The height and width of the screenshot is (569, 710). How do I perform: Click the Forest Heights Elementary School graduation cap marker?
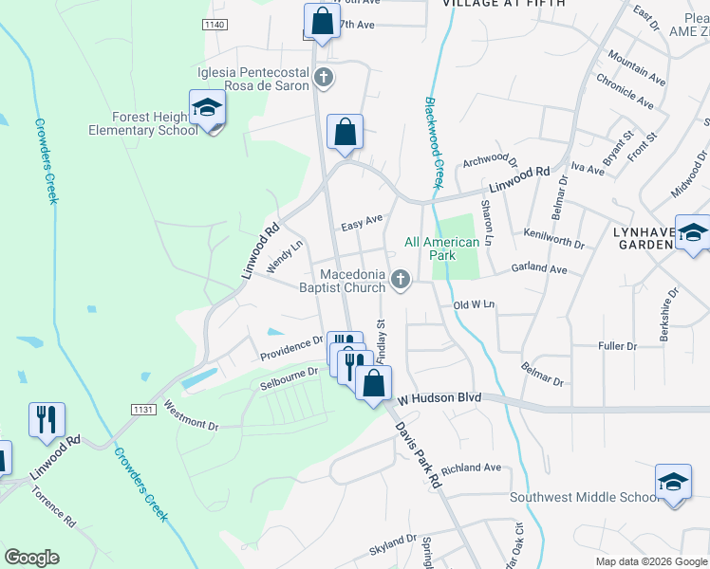pos(207,109)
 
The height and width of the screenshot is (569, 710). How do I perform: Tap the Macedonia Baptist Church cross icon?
pos(401,279)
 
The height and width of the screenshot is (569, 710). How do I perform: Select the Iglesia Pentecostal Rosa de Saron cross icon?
pos(323,78)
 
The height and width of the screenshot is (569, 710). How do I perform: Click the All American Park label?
pos(442,248)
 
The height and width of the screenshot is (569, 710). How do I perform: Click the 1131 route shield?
pos(143,409)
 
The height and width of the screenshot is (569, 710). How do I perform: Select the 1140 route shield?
pos(216,24)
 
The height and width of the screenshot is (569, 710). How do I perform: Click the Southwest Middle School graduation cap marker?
pos(672,483)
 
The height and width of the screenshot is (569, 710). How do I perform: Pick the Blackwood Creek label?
pos(434,142)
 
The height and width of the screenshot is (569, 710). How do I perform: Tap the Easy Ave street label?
pos(362,223)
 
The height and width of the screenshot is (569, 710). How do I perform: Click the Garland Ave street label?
pos(538,269)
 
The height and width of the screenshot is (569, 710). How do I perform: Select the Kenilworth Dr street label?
pos(553,237)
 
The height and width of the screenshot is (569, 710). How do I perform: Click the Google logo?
pos(31,558)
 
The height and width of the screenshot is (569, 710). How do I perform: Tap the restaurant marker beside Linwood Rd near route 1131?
pos(47,418)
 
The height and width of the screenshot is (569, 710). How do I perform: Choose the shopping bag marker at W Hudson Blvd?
pos(374,383)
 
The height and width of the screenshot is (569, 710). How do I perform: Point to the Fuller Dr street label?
pos(618,346)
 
